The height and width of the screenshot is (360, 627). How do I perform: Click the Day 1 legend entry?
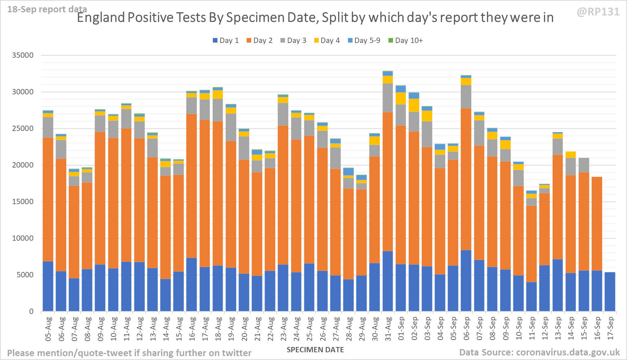point(226,40)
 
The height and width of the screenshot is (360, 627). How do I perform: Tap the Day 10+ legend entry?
point(405,40)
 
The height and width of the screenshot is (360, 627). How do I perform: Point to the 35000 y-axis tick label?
point(23,55)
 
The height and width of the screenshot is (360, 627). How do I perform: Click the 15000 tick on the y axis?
point(23,202)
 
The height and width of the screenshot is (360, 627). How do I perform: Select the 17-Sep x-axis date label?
point(610,329)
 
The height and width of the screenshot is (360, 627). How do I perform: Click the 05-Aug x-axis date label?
point(48,329)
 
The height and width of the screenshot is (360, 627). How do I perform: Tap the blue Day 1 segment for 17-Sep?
point(610,292)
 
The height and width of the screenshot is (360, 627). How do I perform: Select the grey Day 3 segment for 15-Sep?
point(584,165)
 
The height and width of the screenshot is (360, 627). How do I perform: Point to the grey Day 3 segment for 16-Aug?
point(191,106)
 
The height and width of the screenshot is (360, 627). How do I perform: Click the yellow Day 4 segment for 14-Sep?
point(571,155)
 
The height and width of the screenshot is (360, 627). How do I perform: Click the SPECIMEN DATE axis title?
point(315,350)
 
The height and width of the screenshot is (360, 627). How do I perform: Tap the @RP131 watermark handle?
point(598,12)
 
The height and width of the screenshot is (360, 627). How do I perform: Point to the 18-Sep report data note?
point(47,9)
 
